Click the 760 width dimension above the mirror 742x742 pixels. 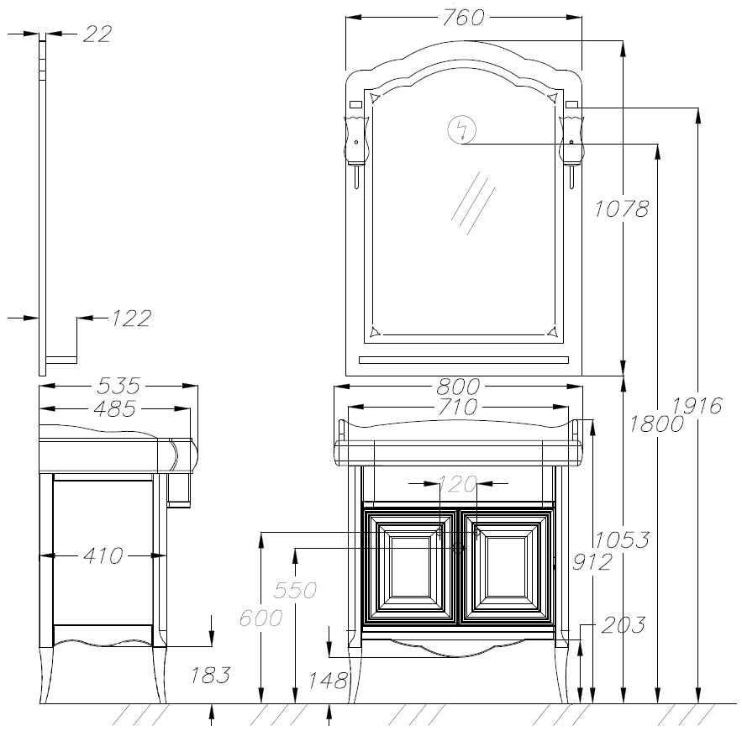click(463, 18)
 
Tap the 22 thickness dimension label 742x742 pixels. click(97, 34)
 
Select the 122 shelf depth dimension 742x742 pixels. click(132, 318)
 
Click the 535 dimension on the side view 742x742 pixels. click(118, 386)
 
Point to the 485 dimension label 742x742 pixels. click(115, 408)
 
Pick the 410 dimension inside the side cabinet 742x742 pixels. click(103, 555)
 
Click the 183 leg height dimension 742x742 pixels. click(211, 676)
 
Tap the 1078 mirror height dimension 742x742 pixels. click(621, 208)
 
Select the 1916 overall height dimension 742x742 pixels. click(697, 406)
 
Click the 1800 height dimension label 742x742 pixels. click(656, 424)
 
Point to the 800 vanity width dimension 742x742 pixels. click(458, 387)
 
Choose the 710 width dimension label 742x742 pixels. click(457, 408)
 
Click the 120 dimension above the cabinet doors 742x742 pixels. click(458, 484)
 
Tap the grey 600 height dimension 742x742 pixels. click(260, 618)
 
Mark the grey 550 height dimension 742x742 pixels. click(295, 590)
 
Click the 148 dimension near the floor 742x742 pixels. click(329, 681)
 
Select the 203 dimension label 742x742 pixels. click(624, 625)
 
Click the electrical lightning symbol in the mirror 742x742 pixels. click(462, 129)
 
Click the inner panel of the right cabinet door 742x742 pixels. click(506, 567)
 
